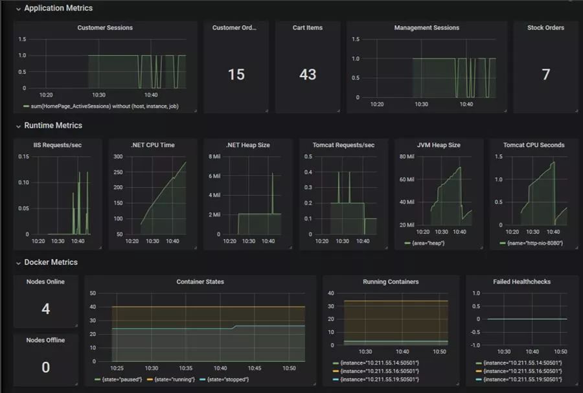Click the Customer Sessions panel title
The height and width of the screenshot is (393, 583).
point(105,28)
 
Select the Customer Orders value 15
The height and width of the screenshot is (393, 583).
point(236,74)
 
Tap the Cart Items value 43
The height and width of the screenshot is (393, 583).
point(308,74)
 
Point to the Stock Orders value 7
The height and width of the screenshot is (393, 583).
point(545,74)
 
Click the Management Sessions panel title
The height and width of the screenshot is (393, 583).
point(426,28)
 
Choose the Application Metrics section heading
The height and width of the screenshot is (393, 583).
point(58,8)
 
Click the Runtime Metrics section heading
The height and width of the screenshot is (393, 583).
point(53,126)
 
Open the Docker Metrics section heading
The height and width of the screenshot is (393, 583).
point(51,262)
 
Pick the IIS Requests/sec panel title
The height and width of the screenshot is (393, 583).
point(58,145)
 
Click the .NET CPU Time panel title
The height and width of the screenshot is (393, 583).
point(152,145)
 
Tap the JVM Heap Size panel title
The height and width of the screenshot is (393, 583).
point(439,145)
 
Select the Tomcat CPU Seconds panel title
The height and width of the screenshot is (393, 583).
point(534,145)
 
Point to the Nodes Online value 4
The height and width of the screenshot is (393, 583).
point(45,309)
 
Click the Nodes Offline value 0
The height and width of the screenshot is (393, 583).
point(45,367)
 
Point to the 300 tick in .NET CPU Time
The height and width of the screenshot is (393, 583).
point(118,157)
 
